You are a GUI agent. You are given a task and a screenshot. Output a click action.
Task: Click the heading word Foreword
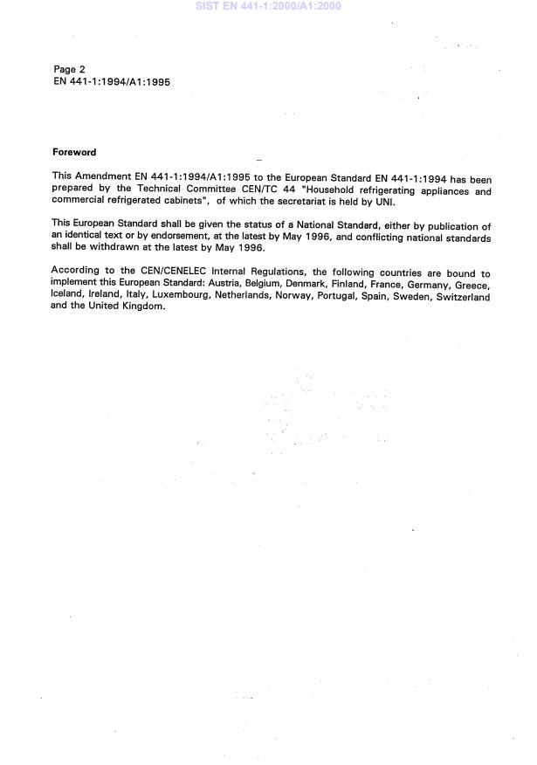click(x=74, y=153)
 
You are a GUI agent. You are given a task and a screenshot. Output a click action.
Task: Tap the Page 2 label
click(x=69, y=69)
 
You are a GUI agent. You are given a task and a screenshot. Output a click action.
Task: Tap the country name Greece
click(x=472, y=286)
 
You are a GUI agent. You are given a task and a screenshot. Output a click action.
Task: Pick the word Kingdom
click(x=141, y=307)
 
